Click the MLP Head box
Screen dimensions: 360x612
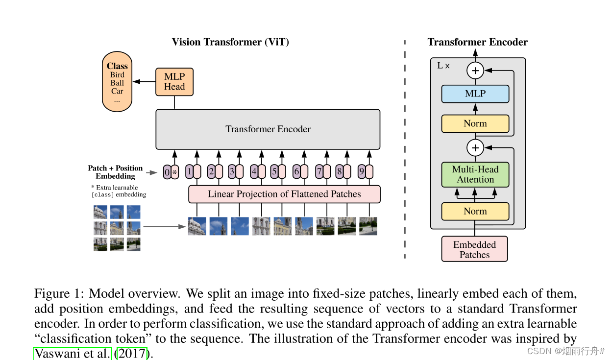174,82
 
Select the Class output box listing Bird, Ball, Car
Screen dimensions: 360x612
117,82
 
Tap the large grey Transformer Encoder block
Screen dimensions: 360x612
268,129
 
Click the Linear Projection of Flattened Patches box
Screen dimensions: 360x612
284,194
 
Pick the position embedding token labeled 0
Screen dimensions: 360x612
167,172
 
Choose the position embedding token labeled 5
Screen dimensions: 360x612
274,172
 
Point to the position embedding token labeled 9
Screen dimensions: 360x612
362,172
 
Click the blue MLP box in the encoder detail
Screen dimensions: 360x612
475,94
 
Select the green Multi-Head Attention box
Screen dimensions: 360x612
475,174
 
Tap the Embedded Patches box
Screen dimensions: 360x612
474,249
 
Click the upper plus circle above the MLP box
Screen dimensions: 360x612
475,71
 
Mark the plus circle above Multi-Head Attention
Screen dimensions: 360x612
475,147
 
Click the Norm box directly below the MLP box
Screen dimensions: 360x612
475,123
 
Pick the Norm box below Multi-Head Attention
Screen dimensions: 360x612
475,212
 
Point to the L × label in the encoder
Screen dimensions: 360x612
443,66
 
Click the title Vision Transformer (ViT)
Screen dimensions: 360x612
230,42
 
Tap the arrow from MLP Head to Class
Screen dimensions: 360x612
145,82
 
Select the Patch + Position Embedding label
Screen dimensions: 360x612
116,172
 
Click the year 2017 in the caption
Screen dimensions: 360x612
131,353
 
